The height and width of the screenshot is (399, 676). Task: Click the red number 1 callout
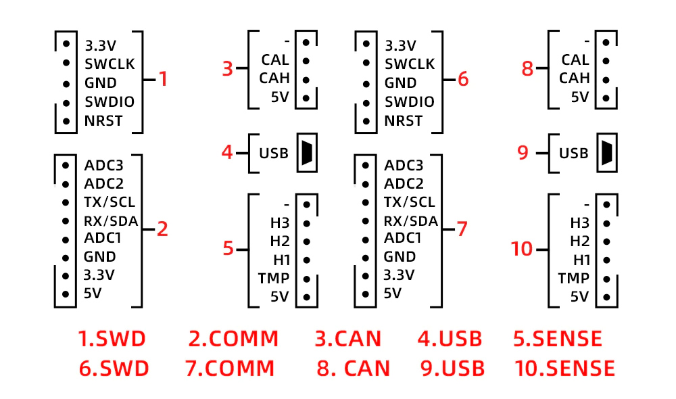pyautogui.click(x=163, y=80)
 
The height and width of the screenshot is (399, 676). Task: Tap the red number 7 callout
pyautogui.click(x=462, y=229)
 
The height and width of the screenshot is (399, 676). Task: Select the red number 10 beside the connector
pyautogui.click(x=523, y=250)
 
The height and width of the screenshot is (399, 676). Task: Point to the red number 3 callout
pyautogui.click(x=228, y=68)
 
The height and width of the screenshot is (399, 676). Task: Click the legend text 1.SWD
pyautogui.click(x=112, y=339)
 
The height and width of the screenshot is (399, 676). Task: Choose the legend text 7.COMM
pyautogui.click(x=230, y=369)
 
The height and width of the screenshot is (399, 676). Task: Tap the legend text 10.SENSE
pyautogui.click(x=564, y=369)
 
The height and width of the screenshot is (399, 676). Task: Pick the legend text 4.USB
pyautogui.click(x=450, y=339)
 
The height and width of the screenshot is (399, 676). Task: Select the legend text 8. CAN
pyautogui.click(x=354, y=369)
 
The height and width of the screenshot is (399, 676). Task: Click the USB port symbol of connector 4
pyautogui.click(x=306, y=153)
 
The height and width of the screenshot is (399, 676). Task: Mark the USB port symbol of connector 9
pyautogui.click(x=606, y=153)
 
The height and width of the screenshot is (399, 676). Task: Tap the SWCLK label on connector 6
pyautogui.click(x=410, y=65)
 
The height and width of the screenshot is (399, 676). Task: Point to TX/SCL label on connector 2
pyautogui.click(x=110, y=202)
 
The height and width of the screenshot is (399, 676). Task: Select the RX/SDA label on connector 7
pyautogui.click(x=410, y=220)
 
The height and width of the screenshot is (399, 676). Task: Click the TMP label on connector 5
pyautogui.click(x=273, y=278)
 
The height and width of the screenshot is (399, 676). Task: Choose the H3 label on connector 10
pyautogui.click(x=579, y=222)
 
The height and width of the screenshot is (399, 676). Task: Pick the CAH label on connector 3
pyautogui.click(x=274, y=78)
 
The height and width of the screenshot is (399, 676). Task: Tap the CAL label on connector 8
pyautogui.click(x=575, y=61)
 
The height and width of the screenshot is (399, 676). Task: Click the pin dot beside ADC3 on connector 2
pyautogui.click(x=66, y=164)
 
